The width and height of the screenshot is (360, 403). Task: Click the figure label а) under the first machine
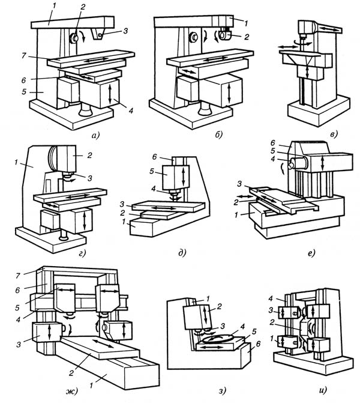(95, 135)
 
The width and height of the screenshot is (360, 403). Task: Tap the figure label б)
(218, 134)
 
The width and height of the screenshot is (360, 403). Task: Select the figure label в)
(334, 134)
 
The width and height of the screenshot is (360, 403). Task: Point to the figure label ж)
(72, 391)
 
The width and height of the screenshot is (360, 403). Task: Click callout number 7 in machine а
(23, 55)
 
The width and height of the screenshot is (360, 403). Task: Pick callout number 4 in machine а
(131, 111)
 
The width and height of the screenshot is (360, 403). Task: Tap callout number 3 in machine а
(125, 31)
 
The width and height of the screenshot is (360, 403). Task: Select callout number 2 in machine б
(247, 37)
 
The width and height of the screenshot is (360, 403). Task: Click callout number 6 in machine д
(154, 157)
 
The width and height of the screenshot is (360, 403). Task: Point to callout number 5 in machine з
(254, 332)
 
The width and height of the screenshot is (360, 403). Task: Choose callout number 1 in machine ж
(91, 385)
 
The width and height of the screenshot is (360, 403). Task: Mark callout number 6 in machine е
(272, 143)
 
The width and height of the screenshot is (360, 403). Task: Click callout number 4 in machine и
(271, 299)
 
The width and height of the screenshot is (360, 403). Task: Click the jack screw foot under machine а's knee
(86, 109)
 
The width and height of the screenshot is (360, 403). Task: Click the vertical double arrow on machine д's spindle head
(183, 178)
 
